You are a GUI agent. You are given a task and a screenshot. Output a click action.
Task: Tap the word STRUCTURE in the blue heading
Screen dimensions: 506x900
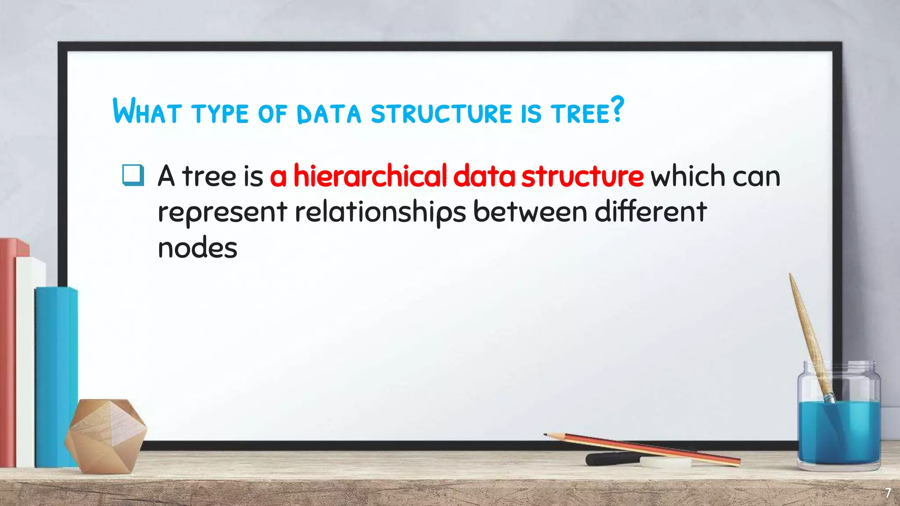pos(441,113)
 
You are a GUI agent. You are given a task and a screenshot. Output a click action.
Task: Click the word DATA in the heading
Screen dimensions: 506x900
pos(329,113)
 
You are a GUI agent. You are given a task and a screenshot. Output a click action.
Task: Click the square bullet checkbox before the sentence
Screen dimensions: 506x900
pos(133,175)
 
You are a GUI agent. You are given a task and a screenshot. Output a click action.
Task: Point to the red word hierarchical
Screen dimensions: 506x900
pos(370,176)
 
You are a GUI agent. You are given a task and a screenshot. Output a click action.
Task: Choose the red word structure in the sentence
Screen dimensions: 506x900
pos(582,176)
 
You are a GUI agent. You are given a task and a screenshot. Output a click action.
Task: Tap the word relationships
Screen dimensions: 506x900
pos(380,212)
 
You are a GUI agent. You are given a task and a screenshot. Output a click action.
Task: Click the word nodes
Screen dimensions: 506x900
pos(197,248)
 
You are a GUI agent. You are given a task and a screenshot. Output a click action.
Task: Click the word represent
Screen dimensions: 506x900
pos(222,213)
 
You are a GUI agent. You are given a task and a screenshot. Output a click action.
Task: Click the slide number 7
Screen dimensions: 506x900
pos(888,493)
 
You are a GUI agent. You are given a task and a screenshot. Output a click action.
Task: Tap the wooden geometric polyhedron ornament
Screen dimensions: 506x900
pos(106,435)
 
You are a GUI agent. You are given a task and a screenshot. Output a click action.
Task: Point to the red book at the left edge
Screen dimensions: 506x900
pos(7,351)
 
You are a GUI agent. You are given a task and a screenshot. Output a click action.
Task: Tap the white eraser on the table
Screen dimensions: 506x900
pos(665,462)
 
